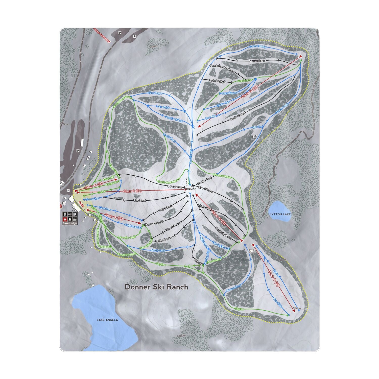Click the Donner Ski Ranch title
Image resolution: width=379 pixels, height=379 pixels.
tap(157, 287)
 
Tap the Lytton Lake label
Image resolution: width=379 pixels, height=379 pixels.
tap(280, 214)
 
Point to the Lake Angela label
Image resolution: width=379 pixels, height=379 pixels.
tap(107, 320)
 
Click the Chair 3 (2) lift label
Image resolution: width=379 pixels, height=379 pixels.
tap(249, 92)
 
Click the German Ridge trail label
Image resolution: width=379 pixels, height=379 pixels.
tap(258, 47)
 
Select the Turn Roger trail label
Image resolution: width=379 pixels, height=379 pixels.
tap(155, 93)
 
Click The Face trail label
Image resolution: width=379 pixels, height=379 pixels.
tap(140, 201)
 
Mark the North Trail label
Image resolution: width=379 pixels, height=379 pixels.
tap(158, 250)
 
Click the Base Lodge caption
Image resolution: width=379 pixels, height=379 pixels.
tap(70, 223)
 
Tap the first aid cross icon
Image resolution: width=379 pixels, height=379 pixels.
tap(65, 219)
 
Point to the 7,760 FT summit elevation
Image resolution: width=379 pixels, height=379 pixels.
tap(190, 189)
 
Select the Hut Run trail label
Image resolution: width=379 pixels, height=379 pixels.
tap(258, 127)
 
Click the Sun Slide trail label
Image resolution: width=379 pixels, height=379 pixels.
tap(278, 303)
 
